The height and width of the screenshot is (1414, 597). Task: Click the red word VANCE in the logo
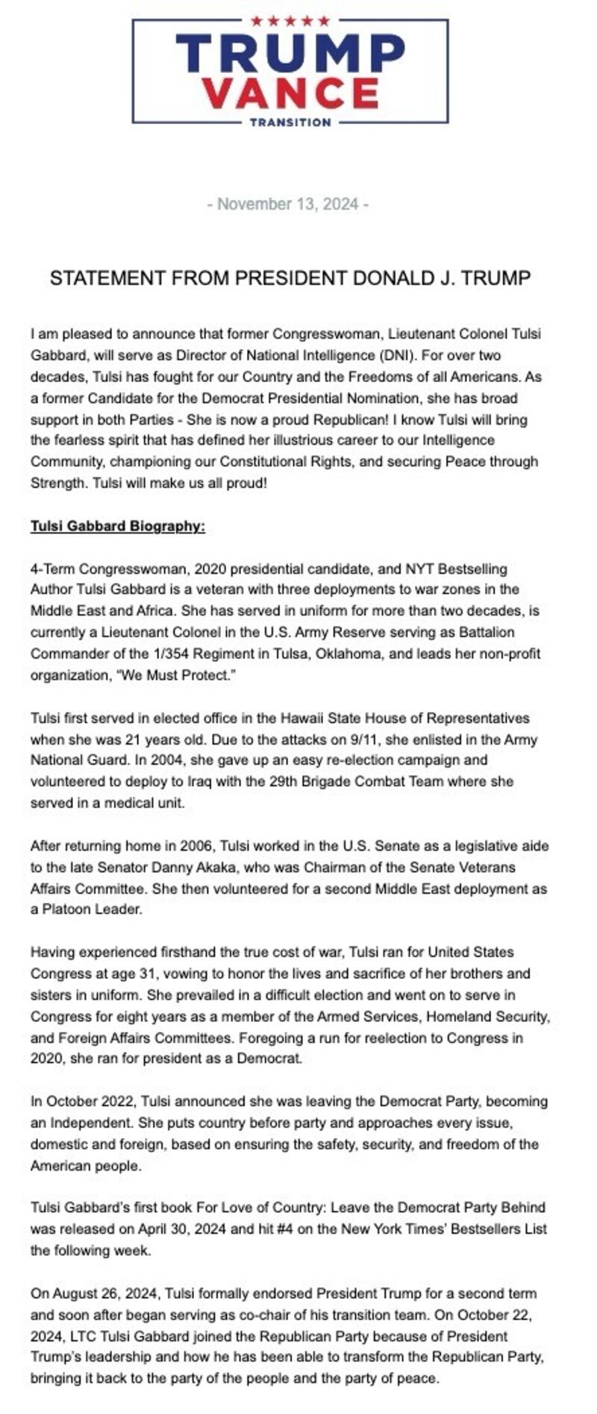290,93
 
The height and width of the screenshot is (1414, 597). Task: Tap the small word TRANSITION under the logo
290,122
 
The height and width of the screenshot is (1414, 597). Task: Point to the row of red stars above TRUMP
290,21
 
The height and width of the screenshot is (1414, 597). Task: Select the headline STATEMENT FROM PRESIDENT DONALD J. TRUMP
290,278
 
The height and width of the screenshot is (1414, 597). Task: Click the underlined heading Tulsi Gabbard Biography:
117,526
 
